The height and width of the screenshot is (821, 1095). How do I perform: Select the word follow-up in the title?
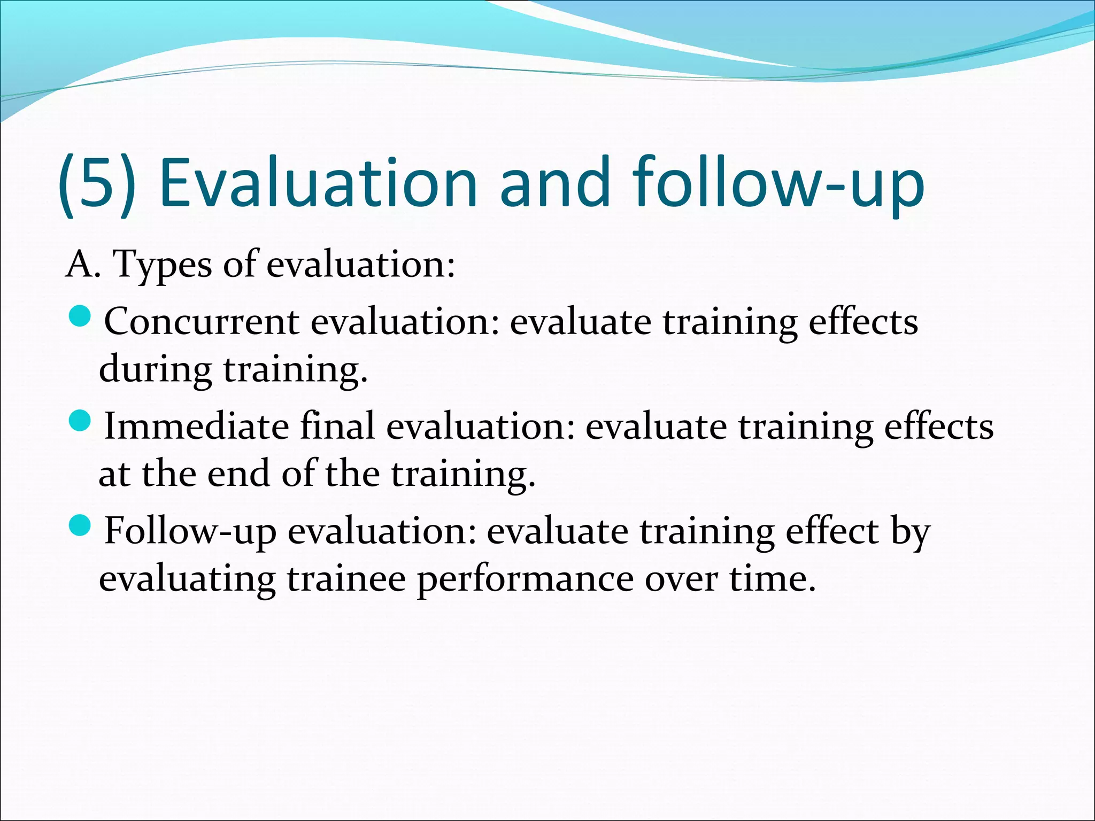click(778, 183)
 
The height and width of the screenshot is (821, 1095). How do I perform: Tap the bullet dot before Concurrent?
click(81, 317)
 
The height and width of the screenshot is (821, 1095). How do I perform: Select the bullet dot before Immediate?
click(81, 422)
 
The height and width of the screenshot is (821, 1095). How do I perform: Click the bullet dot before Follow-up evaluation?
click(81, 526)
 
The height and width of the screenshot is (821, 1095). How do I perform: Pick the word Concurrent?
click(202, 322)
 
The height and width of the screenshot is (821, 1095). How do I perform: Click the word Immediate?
click(196, 427)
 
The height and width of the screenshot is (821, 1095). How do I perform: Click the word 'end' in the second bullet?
click(238, 474)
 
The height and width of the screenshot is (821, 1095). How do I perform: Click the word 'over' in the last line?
click(680, 580)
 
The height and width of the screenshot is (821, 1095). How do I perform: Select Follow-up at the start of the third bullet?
click(190, 532)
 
